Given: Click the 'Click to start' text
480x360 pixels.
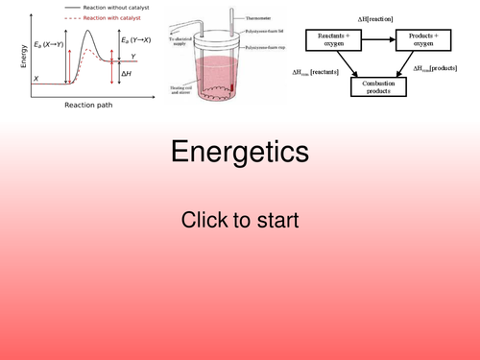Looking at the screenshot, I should tap(240, 220).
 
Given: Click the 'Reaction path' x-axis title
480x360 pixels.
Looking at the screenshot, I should tap(89, 105).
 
